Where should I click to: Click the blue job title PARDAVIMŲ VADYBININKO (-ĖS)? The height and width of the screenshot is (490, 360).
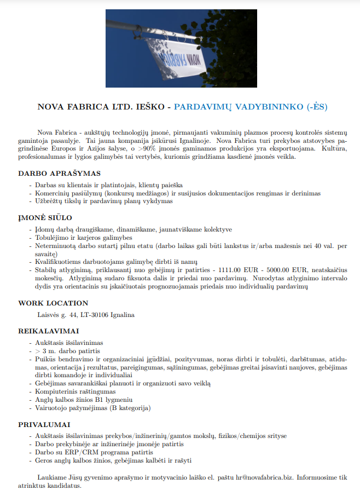[251, 106]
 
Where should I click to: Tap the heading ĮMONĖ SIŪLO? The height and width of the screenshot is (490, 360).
[45, 218]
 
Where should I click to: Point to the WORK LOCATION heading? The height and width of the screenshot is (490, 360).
[53, 303]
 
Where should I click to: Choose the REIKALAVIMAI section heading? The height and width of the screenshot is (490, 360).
[48, 331]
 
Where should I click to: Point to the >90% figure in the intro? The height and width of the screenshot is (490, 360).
[147, 148]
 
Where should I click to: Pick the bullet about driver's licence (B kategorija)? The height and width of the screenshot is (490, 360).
[92, 408]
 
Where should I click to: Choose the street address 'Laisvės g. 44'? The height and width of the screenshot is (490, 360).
[57, 315]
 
